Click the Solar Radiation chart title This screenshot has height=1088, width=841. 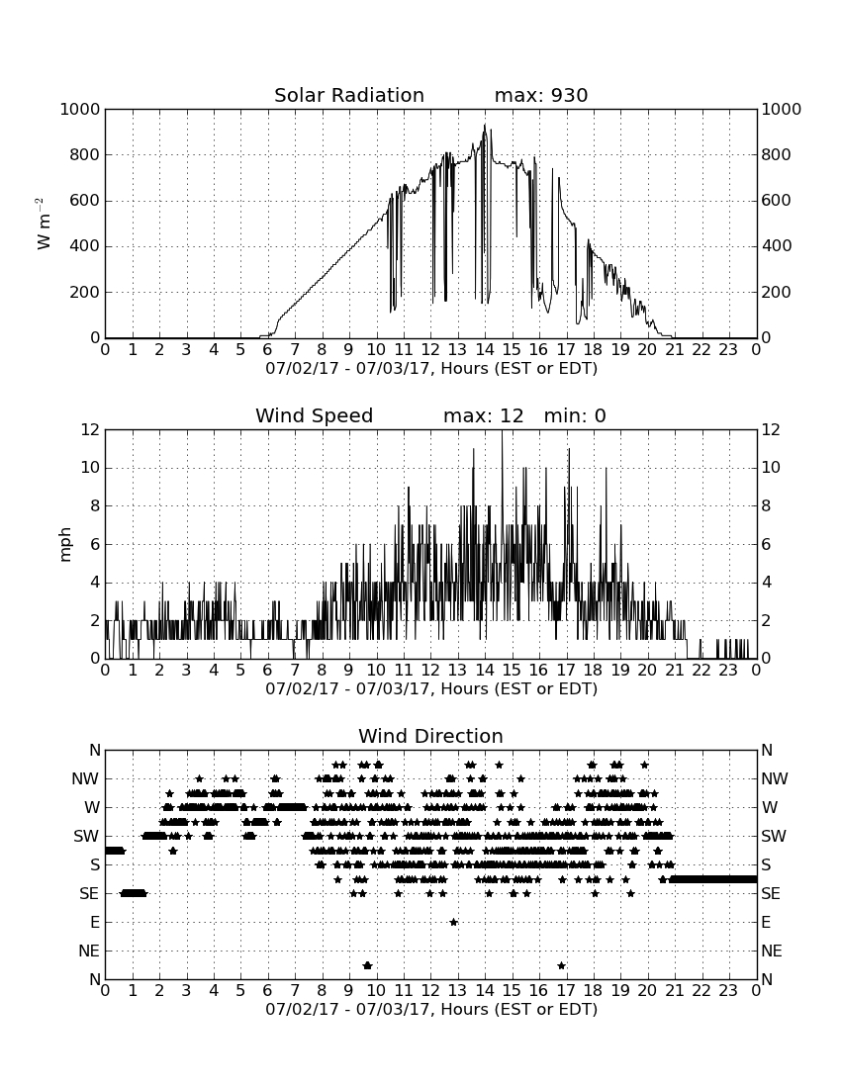(349, 95)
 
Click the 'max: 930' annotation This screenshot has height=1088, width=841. (541, 95)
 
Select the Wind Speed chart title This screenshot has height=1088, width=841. (315, 415)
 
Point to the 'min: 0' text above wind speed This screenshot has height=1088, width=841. (575, 415)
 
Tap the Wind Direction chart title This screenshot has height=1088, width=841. (430, 736)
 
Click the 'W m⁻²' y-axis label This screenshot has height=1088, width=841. (43, 224)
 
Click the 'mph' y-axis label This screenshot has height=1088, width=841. (65, 544)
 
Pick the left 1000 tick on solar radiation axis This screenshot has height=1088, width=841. (80, 110)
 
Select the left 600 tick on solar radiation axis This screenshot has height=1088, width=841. (85, 201)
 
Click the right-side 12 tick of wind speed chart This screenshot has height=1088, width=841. (770, 430)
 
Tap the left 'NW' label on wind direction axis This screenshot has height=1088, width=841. (85, 779)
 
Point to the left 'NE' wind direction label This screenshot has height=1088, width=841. (89, 952)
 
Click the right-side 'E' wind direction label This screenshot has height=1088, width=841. (766, 922)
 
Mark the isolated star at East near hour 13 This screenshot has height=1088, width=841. (454, 922)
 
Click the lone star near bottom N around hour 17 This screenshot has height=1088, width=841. (561, 965)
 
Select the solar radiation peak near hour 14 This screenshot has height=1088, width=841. (485, 126)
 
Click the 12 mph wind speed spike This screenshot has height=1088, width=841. (502, 431)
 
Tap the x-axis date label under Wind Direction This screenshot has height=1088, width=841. (431, 1009)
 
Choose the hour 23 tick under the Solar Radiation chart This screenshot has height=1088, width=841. (728, 350)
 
